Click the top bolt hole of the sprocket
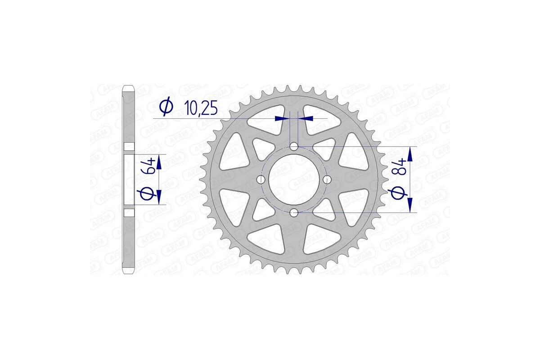[x=293, y=146]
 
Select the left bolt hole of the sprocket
[x=260, y=179]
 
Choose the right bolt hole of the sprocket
[x=326, y=179]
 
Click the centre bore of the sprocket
[x=293, y=179]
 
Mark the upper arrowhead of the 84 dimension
[x=410, y=154]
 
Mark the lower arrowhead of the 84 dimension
[x=410, y=205]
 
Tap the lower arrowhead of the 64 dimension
[x=158, y=197]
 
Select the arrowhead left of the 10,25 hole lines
[x=282, y=118]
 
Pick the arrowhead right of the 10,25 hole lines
[x=306, y=118]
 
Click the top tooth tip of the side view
[x=129, y=86]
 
